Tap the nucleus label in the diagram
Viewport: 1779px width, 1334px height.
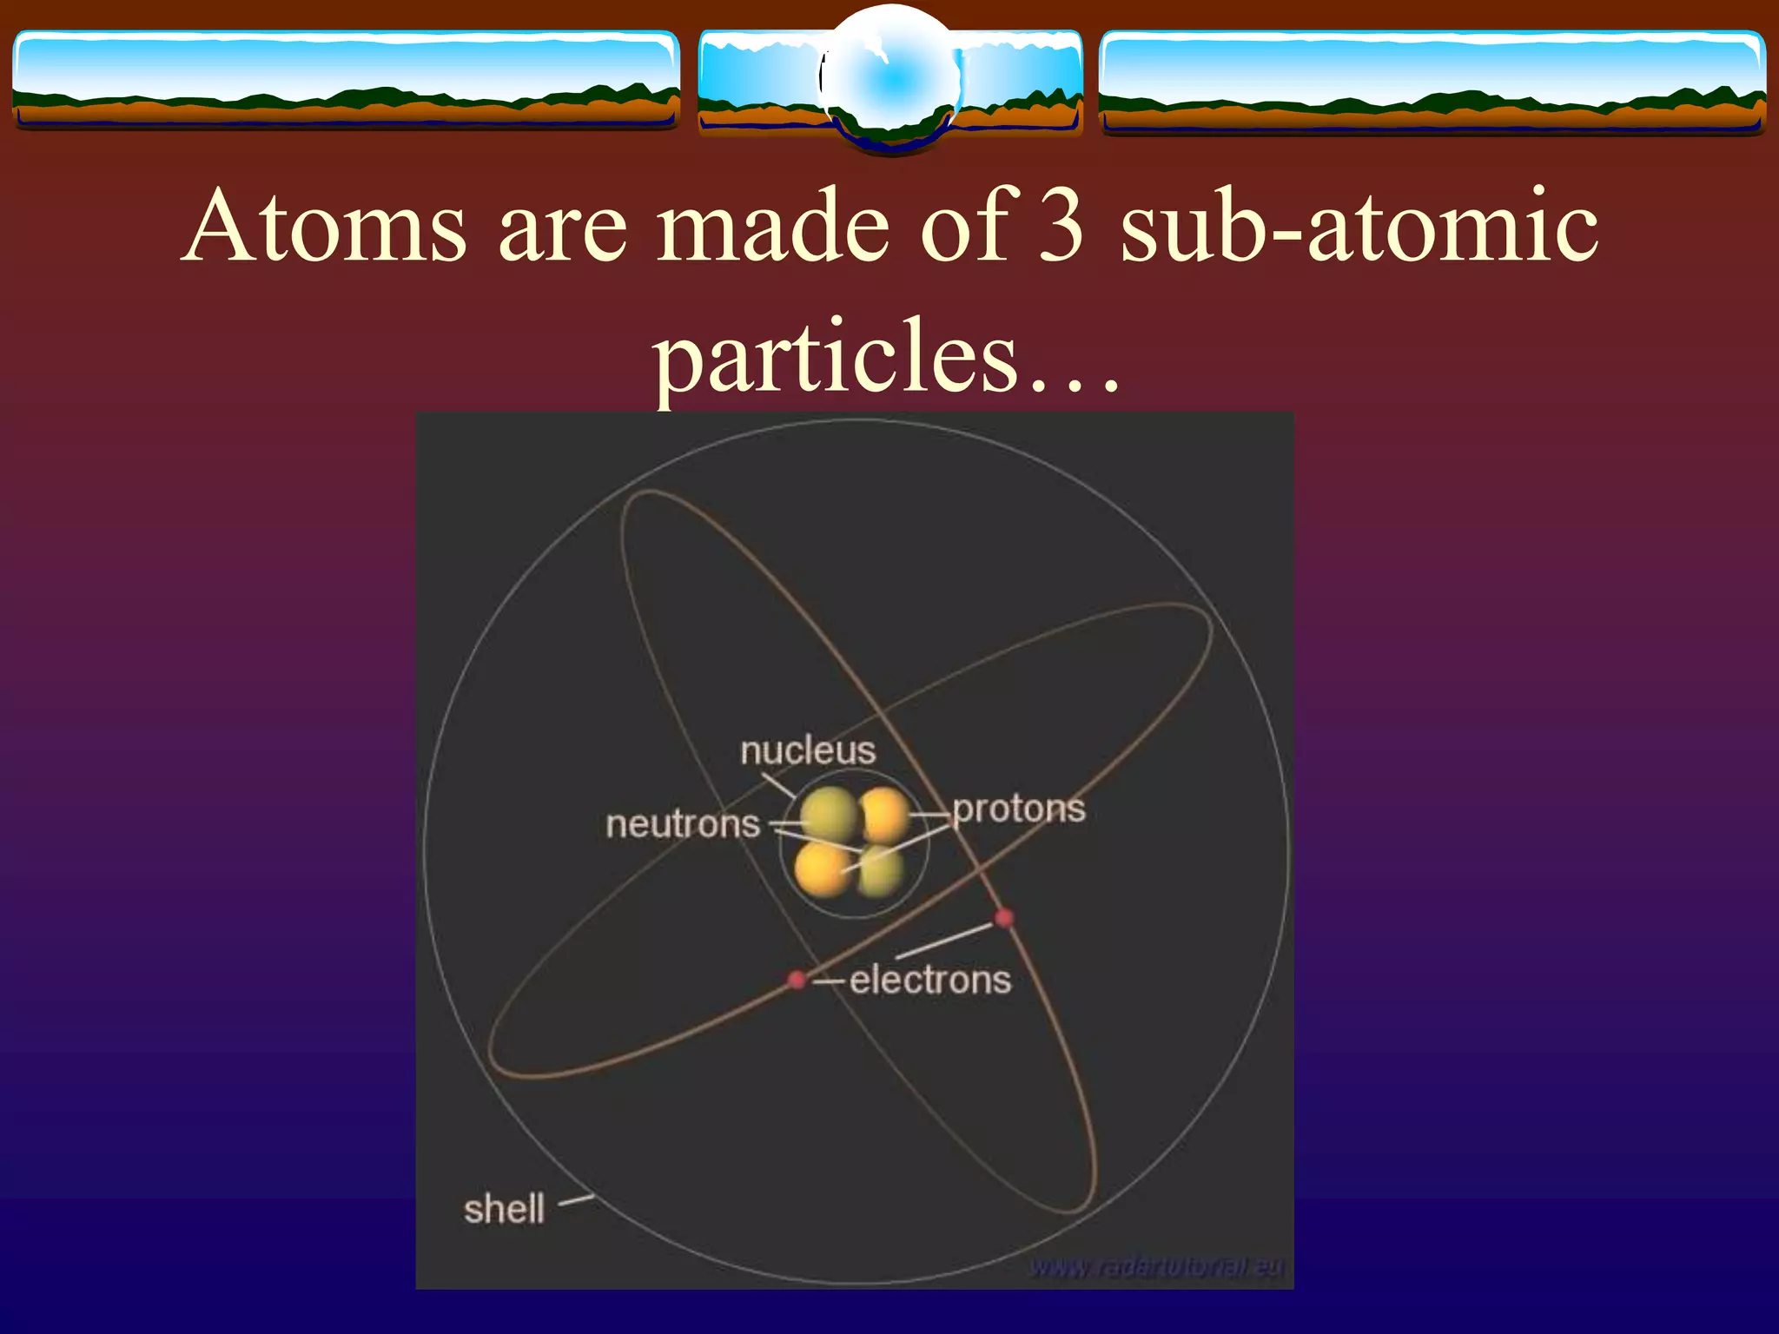point(808,751)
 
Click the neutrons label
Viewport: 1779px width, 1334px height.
point(683,824)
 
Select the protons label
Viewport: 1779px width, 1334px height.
point(1019,809)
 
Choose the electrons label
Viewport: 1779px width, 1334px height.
point(930,981)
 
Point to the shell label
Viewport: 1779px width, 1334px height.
point(504,1209)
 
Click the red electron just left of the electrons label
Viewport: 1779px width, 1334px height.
point(797,980)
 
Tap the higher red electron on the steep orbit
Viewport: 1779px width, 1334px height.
point(1003,918)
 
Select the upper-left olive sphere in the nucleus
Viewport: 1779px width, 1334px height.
point(830,815)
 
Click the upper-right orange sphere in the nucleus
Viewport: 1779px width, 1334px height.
point(884,815)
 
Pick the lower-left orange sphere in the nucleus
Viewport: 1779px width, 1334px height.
point(823,868)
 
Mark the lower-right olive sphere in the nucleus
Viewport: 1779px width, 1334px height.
point(881,871)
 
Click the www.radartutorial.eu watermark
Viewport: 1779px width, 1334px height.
point(1156,1268)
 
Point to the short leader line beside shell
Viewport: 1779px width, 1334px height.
point(576,1201)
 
